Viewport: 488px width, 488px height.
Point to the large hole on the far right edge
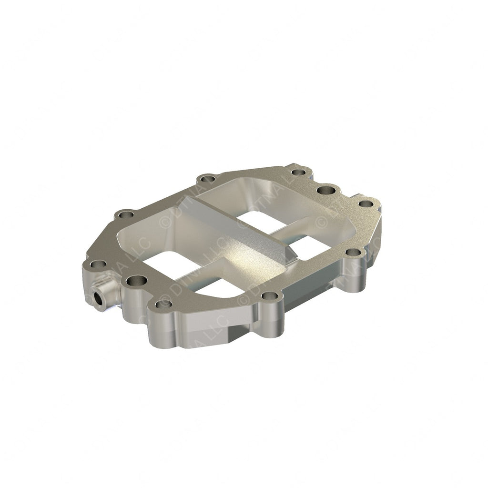(x=327, y=190)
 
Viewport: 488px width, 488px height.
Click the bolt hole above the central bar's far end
(x=206, y=180)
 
